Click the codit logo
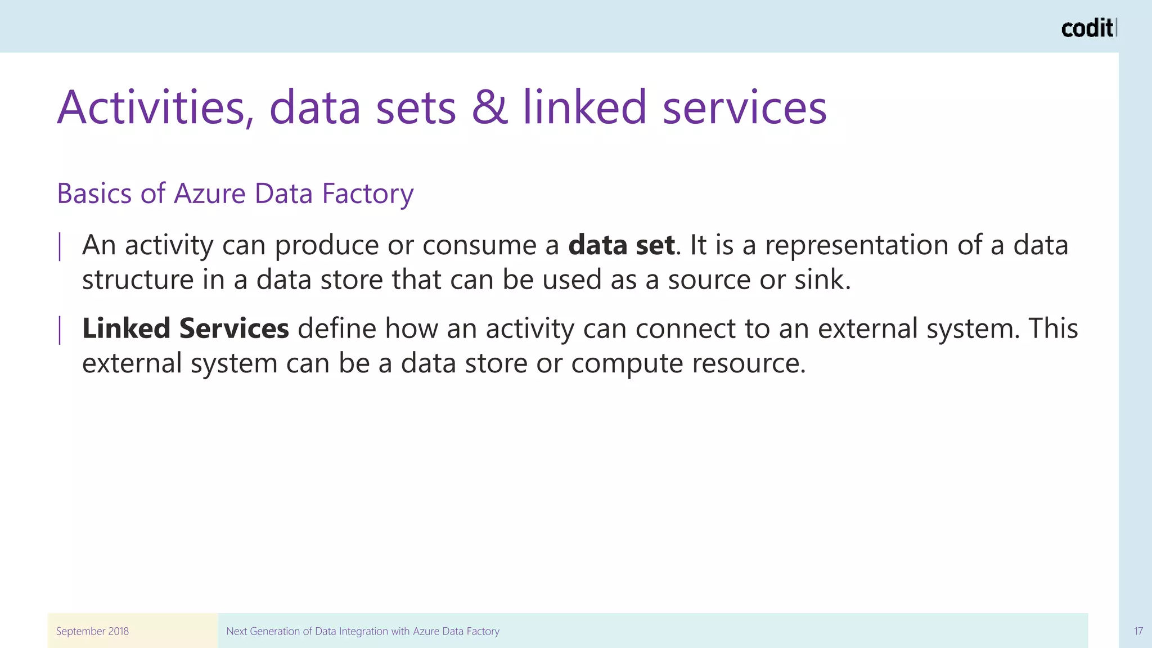click(1088, 28)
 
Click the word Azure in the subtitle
click(210, 193)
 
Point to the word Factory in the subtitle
click(367, 193)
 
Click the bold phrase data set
click(621, 245)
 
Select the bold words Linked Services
click(186, 328)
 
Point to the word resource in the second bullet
click(748, 363)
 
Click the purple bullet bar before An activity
click(60, 247)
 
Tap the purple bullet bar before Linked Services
click(60, 330)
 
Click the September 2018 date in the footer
click(92, 631)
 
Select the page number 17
click(1138, 631)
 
